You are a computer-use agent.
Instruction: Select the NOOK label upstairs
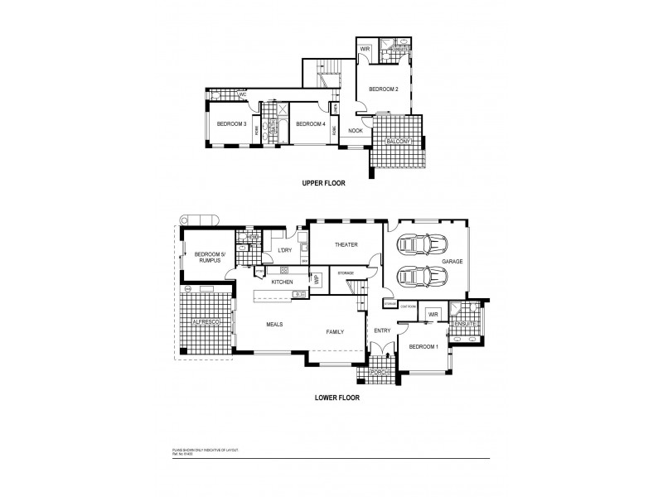pyautogui.click(x=356, y=130)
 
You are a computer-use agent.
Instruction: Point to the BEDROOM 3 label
pyautogui.click(x=231, y=123)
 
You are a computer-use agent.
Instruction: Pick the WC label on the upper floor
pyautogui.click(x=243, y=95)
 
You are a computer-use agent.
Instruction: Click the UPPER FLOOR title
pyautogui.click(x=324, y=183)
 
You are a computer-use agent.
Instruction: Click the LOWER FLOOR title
pyautogui.click(x=336, y=397)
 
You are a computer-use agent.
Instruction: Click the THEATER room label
pyautogui.click(x=345, y=245)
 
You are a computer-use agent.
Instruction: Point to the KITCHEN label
pyautogui.click(x=283, y=282)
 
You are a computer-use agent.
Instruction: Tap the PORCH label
pyautogui.click(x=380, y=372)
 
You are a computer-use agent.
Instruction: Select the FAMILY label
pyautogui.click(x=335, y=331)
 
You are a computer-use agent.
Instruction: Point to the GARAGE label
pyautogui.click(x=452, y=261)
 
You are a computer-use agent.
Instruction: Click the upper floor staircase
pyautogui.click(x=327, y=78)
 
